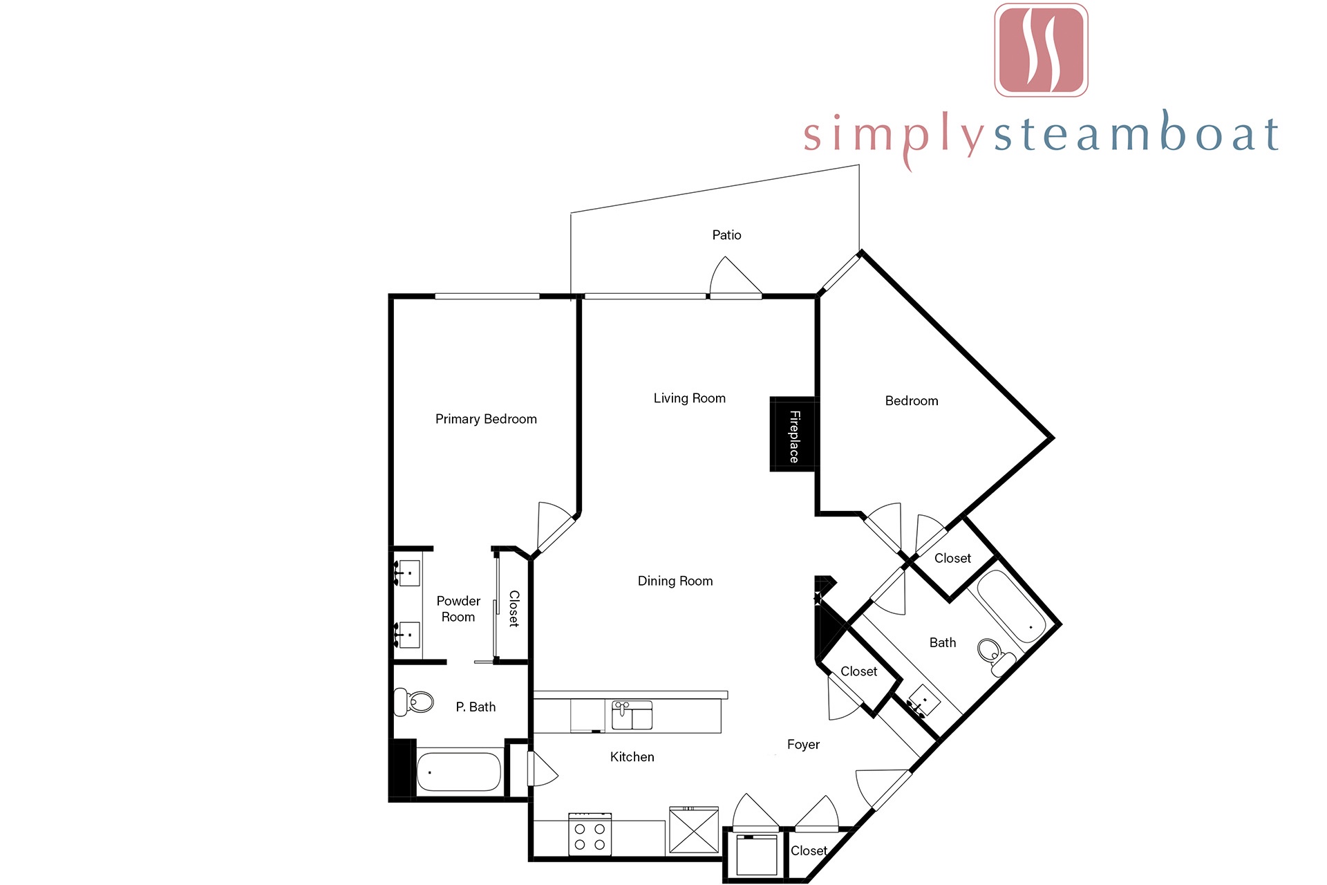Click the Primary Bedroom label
[x=486, y=419]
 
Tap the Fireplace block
[x=793, y=434]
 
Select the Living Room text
[x=690, y=398]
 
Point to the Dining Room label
[x=675, y=581]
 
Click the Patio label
[x=726, y=235]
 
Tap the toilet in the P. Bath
[x=413, y=702]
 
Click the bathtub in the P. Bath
[x=459, y=772]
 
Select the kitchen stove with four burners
[x=590, y=835]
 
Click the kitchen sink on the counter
[x=632, y=716]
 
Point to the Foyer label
[x=803, y=745]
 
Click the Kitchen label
[x=632, y=757]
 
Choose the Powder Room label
[x=458, y=609]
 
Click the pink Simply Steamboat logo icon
[x=1041, y=50]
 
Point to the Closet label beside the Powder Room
[x=514, y=608]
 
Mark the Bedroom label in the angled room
[x=912, y=401]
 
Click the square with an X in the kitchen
[x=694, y=831]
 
